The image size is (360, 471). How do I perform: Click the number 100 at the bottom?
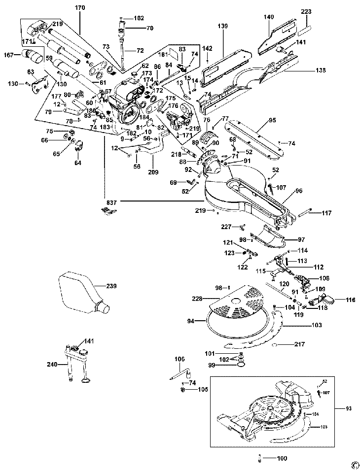[282, 458]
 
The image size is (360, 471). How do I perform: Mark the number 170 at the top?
[80, 8]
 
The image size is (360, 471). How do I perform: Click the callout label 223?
[306, 11]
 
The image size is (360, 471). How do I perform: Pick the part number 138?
[321, 71]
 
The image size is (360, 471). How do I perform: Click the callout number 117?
[327, 213]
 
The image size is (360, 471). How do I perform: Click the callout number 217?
[300, 344]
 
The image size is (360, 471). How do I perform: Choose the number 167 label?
[10, 55]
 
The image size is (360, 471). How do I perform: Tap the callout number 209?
[153, 172]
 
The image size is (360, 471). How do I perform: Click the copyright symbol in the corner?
[354, 464]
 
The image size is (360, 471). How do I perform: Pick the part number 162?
[139, 18]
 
